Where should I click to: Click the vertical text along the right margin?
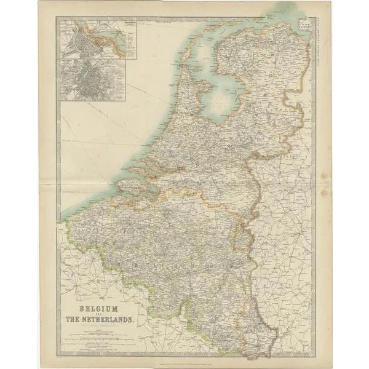point(319,37)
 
